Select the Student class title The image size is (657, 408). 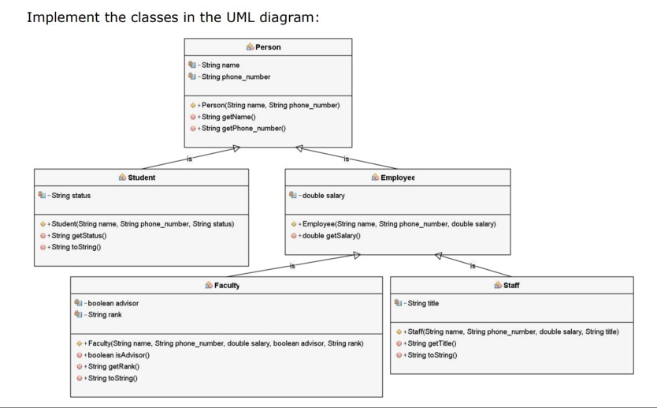(141, 178)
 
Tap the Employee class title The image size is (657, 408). (398, 178)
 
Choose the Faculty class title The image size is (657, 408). (227, 285)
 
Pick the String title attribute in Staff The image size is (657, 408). (422, 302)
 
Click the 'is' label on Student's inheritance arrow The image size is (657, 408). (189, 159)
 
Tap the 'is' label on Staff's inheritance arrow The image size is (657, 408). (473, 266)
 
